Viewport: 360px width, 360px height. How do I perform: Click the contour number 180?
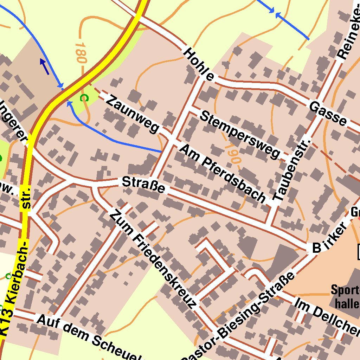(x=81, y=53)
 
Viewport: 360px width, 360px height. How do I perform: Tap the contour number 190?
(x=232, y=153)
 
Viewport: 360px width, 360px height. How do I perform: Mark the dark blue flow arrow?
(x=44, y=66)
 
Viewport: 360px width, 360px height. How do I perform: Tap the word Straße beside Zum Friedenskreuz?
(x=143, y=185)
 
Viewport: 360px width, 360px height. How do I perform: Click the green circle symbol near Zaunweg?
(x=83, y=98)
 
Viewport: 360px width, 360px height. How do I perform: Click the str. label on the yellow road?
(x=25, y=199)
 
